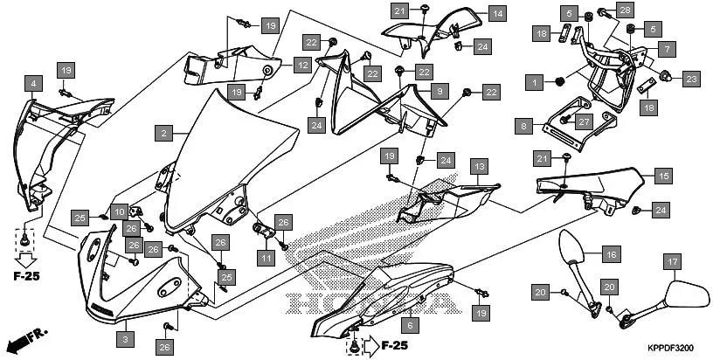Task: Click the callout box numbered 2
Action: click(x=163, y=134)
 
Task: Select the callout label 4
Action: click(x=33, y=84)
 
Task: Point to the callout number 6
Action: click(x=412, y=324)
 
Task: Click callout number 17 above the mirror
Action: click(x=672, y=260)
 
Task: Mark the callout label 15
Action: click(x=663, y=176)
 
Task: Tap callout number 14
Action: click(x=497, y=13)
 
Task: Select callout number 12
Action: click(x=301, y=65)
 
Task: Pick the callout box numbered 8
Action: click(x=523, y=127)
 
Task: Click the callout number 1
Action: click(x=533, y=81)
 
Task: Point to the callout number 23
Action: click(x=691, y=79)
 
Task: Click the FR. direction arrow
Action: click(x=24, y=338)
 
